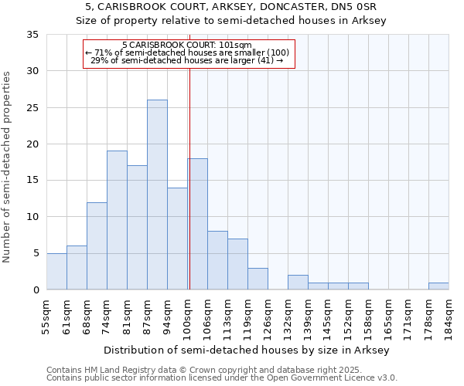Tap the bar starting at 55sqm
click(56, 271)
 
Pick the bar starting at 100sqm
click(197, 224)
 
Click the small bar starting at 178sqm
click(438, 286)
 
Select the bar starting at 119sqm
click(258, 279)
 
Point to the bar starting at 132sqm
click(298, 283)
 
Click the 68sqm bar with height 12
click(97, 245)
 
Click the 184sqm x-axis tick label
click(448, 316)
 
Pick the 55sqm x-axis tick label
click(46, 316)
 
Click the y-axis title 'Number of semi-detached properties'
click(8, 167)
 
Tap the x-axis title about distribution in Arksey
click(247, 350)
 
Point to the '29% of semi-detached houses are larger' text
click(187, 60)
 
